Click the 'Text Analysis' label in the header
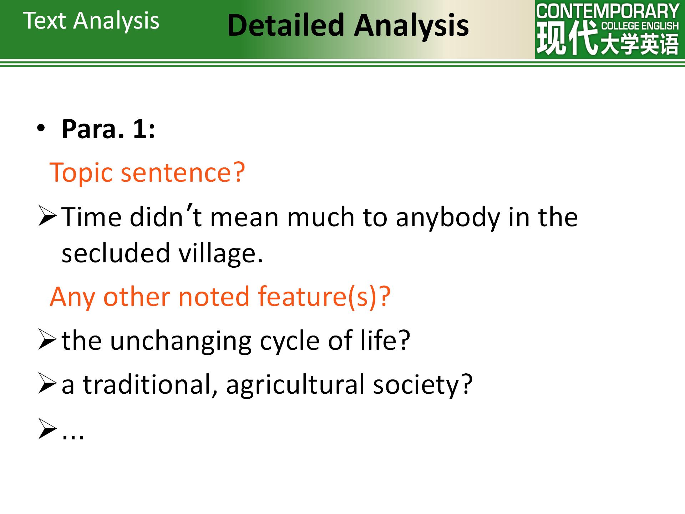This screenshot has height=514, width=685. pyautogui.click(x=91, y=21)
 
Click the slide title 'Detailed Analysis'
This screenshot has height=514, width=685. pyautogui.click(x=348, y=26)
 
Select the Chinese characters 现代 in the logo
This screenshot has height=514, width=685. pyautogui.click(x=567, y=37)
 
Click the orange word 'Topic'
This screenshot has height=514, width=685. pyautogui.click(x=81, y=173)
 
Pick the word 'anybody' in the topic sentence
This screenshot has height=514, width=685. pyautogui.click(x=448, y=218)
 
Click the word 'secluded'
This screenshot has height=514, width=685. pyautogui.click(x=116, y=253)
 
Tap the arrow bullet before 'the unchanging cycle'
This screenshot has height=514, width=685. pyautogui.click(x=47, y=341)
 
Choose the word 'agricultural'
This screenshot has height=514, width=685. pyautogui.click(x=295, y=385)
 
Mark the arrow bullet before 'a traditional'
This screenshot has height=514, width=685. pyautogui.click(x=47, y=385)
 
